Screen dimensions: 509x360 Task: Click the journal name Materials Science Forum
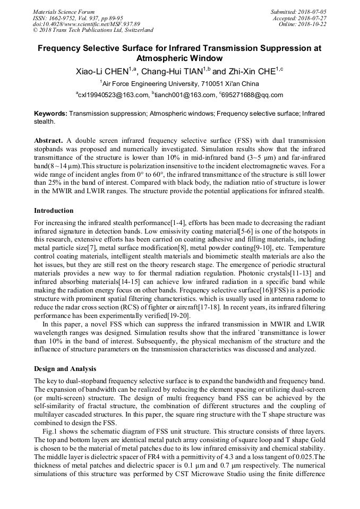(x=64, y=11)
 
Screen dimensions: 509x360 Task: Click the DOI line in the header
(x=87, y=24)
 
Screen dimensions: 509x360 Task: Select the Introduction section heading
(x=54, y=211)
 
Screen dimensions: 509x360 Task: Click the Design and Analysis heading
(x=64, y=368)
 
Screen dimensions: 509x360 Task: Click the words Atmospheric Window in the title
(x=179, y=58)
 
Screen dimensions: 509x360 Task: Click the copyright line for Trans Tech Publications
(x=93, y=30)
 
